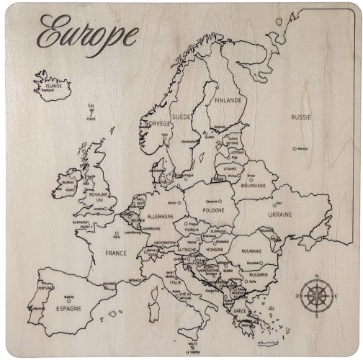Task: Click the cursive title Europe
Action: click(x=87, y=32)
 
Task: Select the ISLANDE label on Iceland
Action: click(x=55, y=86)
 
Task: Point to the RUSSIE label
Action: click(x=301, y=117)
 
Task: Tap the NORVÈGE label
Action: click(x=158, y=123)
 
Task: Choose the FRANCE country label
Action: click(x=115, y=253)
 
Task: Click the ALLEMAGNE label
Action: click(x=160, y=215)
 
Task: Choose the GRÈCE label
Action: click(x=239, y=311)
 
